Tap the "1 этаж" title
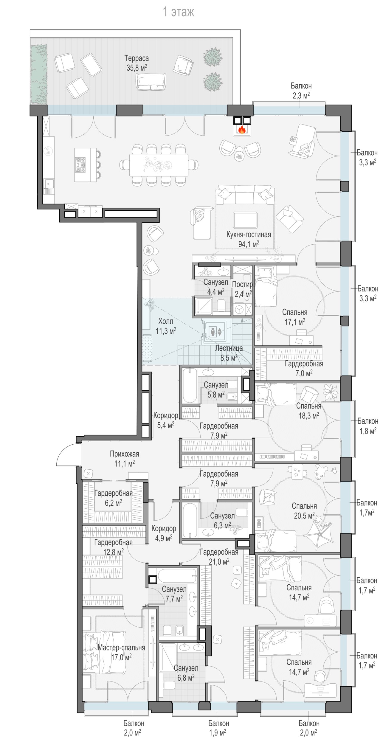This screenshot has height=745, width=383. point(179,12)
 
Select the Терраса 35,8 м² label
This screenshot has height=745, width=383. point(137,63)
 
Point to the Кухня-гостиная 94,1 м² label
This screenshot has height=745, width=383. point(249,239)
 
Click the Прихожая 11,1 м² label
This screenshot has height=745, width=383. point(125,459)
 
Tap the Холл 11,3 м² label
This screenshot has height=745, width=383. point(166,326)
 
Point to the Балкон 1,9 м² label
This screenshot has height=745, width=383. point(218,728)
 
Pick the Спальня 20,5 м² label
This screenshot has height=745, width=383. point(304,510)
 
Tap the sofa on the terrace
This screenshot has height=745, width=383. point(151,81)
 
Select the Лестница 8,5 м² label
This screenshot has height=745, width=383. point(229,353)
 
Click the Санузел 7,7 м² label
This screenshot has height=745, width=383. point(174,594)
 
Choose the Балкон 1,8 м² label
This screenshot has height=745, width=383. point(368,426)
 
